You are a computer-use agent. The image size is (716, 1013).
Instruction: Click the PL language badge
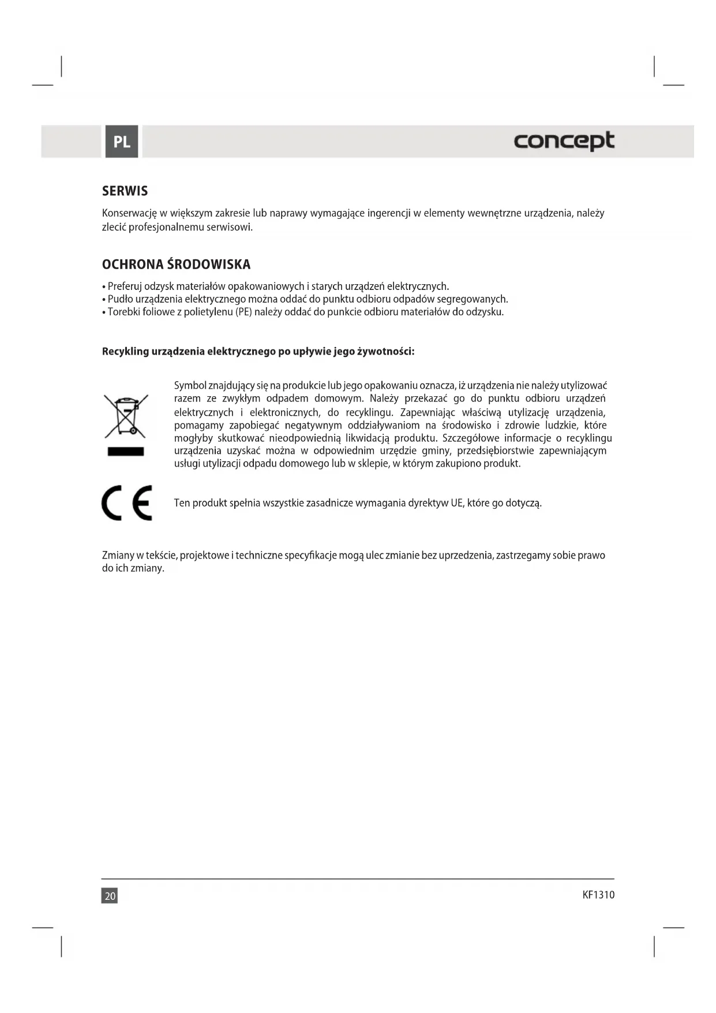[121, 141]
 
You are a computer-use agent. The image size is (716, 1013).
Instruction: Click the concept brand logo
[564, 141]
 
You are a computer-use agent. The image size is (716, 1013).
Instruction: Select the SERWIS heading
[125, 191]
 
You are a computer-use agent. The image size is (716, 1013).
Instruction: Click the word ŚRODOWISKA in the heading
[209, 265]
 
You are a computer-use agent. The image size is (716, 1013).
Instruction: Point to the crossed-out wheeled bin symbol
[126, 416]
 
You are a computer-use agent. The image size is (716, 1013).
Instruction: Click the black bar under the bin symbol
[126, 452]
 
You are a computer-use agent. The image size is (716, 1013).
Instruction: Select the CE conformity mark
[127, 503]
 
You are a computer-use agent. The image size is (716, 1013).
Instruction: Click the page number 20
[110, 896]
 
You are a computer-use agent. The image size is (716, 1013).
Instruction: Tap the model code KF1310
[598, 895]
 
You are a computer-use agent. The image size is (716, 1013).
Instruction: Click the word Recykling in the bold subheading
[125, 352]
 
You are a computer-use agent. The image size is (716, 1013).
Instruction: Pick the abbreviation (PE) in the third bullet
[243, 312]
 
